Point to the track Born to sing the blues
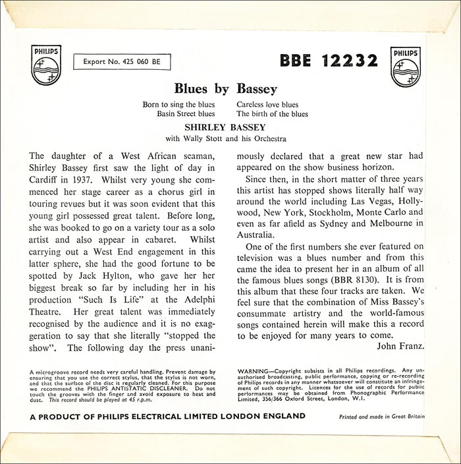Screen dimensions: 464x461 tap(179, 104)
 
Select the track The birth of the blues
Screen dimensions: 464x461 tap(271, 113)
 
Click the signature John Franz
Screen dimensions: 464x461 tap(402, 345)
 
